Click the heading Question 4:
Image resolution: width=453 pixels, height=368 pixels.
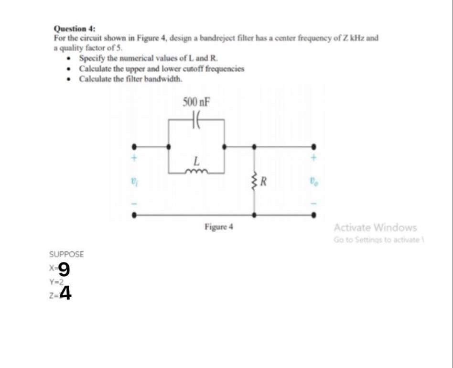70,29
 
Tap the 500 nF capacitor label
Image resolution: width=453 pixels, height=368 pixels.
196,101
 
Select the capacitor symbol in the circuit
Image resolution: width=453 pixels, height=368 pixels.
195,119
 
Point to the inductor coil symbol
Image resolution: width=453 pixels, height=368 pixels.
196,170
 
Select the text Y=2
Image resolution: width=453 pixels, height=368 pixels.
56,282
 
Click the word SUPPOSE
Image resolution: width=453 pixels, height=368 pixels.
66,254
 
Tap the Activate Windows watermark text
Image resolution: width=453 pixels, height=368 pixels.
375,227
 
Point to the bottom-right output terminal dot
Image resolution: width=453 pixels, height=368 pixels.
314,215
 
